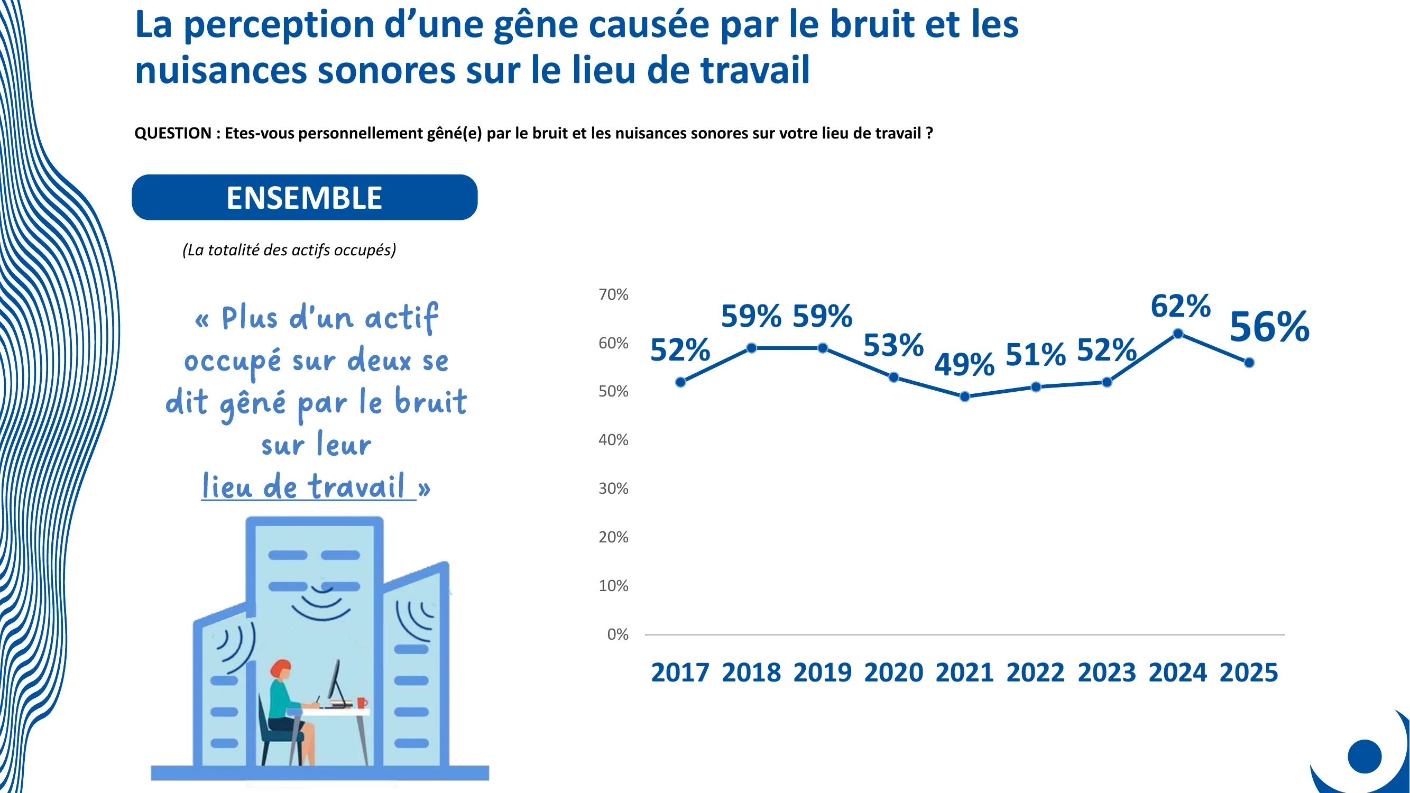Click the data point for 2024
point(1178,334)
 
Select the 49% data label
point(964,364)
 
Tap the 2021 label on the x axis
point(964,672)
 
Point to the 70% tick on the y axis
point(613,294)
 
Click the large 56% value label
point(1269,327)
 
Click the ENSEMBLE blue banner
point(305,198)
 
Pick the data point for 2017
point(680,382)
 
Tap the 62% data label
point(1181,306)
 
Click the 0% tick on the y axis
point(618,634)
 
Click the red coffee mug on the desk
point(361,702)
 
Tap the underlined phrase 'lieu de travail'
point(305,486)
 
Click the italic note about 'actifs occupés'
point(289,250)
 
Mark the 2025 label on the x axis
point(1249,672)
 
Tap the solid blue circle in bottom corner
point(1365,757)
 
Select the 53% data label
point(893,345)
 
